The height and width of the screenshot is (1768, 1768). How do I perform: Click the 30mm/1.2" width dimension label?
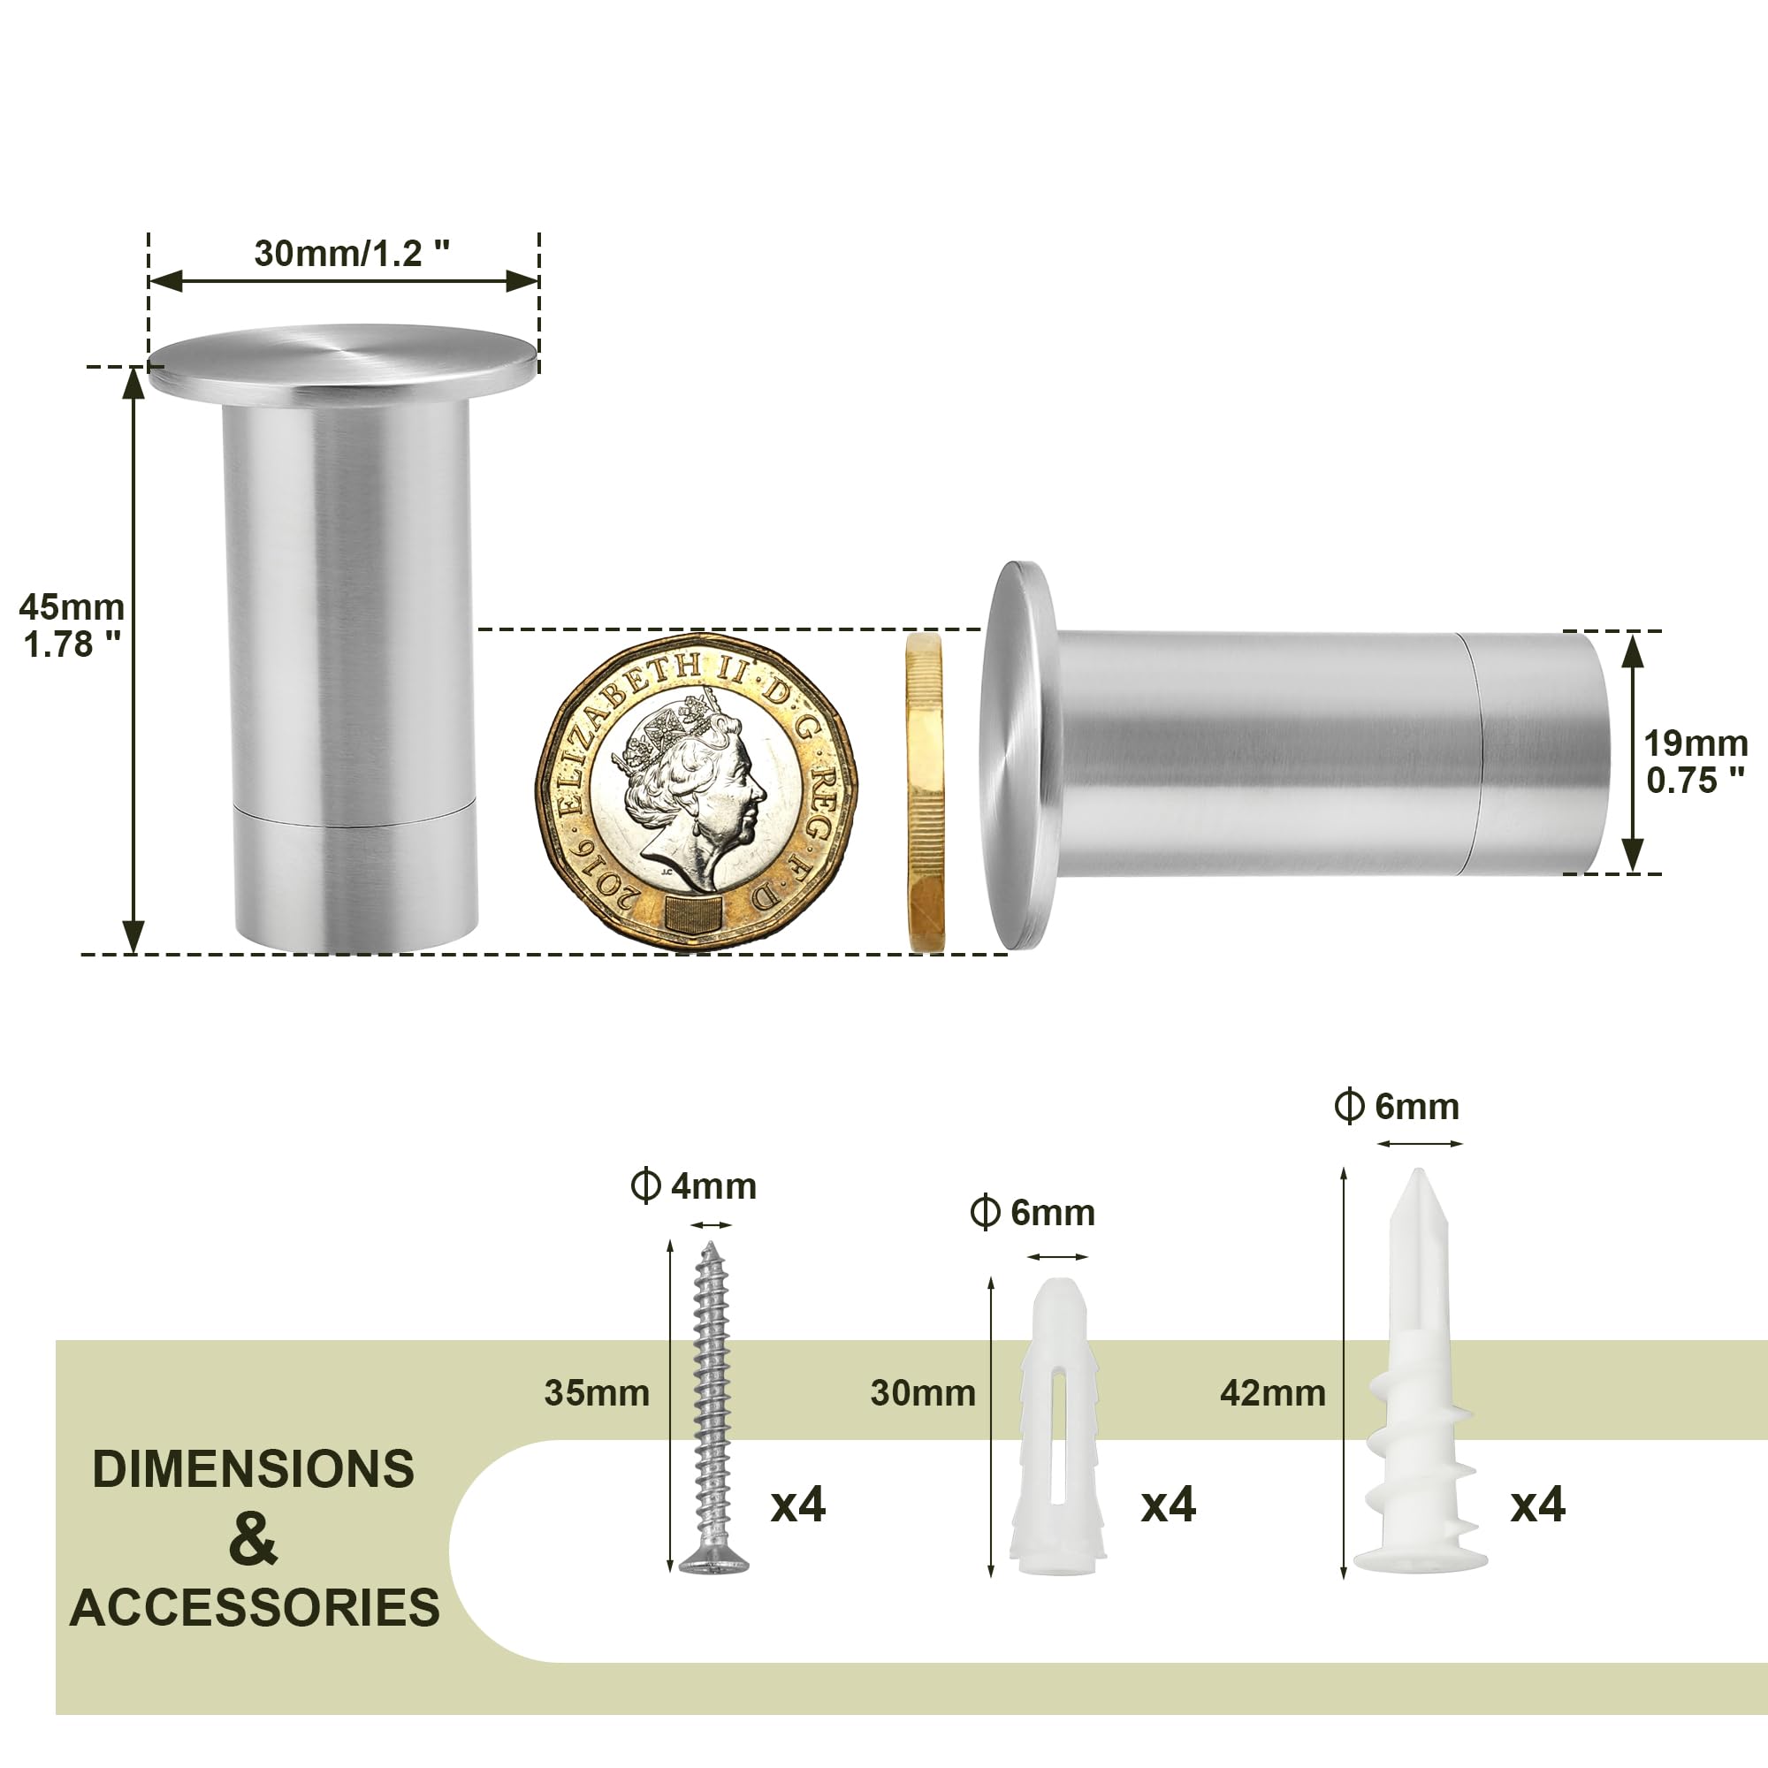352,254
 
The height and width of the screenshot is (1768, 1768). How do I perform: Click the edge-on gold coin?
925,792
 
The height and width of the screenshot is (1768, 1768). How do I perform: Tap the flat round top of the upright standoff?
342,362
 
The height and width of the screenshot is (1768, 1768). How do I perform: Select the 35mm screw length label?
597,1394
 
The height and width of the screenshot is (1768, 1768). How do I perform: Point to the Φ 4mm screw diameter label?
695,1186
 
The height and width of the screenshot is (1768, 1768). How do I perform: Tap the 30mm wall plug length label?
922,1394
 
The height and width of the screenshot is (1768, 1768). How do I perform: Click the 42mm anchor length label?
1272,1394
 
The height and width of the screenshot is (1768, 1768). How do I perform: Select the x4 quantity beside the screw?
798,1505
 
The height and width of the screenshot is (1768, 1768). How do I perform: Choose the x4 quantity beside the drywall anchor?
1537,1505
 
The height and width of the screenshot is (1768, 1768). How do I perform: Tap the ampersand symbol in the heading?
253,1540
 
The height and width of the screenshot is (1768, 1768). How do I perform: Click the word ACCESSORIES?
255,1609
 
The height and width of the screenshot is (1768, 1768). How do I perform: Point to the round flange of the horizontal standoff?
1017,755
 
